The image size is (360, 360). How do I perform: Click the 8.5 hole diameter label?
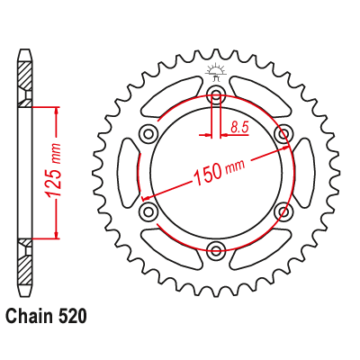point(240,128)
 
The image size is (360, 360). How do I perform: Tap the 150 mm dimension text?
point(220,171)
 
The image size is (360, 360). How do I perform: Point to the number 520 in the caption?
point(71,317)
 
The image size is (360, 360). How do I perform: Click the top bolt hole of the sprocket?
point(216,93)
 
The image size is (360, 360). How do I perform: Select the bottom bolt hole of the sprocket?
point(216,248)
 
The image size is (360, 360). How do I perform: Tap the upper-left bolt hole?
point(148,132)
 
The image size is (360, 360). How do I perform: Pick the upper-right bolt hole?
point(283,132)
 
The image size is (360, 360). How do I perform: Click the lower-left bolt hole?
point(148,211)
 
